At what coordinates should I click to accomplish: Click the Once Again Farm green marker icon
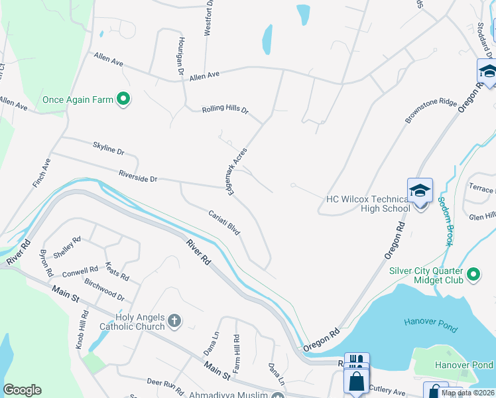[123, 99]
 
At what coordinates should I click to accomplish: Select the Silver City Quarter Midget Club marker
[473, 273]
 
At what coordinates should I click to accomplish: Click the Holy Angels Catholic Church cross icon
[174, 322]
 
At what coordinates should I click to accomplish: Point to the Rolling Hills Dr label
[225, 109]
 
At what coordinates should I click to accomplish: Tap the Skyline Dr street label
[108, 151]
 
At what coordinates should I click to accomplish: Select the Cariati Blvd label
[223, 224]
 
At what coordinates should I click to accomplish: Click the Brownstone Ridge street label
[431, 112]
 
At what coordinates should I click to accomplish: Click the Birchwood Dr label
[104, 291]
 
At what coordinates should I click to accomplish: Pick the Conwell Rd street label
[80, 272]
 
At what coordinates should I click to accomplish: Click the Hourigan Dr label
[180, 55]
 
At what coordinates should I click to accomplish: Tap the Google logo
[23, 390]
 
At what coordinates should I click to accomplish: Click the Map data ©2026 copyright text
[467, 393]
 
